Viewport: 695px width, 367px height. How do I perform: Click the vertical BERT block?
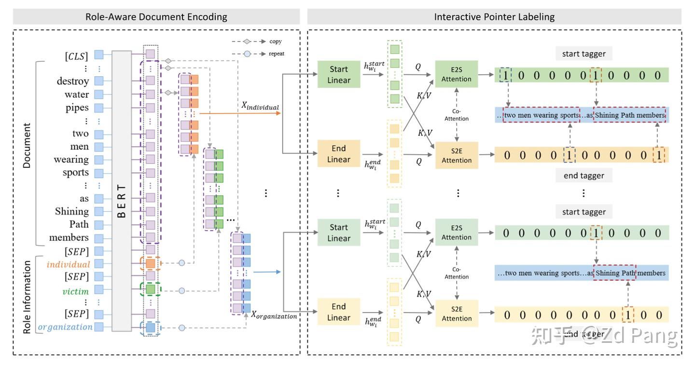click(122, 190)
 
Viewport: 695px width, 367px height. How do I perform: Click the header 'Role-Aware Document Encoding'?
click(156, 17)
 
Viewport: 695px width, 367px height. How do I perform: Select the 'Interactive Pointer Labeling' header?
click(494, 17)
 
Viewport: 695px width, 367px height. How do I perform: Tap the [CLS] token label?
click(77, 56)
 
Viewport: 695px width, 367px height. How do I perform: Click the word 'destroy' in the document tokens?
click(73, 81)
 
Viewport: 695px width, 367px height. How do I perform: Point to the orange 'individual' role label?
click(69, 264)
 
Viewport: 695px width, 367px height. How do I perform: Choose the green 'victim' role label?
click(76, 291)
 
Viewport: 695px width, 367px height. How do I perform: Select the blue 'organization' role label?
click(65, 327)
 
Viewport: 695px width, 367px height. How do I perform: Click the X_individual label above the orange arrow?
click(261, 106)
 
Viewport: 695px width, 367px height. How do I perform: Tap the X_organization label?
click(274, 315)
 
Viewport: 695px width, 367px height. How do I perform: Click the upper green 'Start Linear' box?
click(339, 74)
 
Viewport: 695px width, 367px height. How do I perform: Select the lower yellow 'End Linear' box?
click(339, 312)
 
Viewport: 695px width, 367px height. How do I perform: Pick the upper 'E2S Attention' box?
click(457, 74)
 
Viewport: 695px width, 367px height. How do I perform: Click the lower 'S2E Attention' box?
click(457, 313)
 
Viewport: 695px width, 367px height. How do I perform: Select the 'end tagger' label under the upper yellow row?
click(584, 176)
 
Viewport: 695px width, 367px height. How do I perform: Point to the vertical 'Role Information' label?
click(27, 297)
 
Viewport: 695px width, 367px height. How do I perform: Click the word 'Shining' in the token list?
click(72, 211)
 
